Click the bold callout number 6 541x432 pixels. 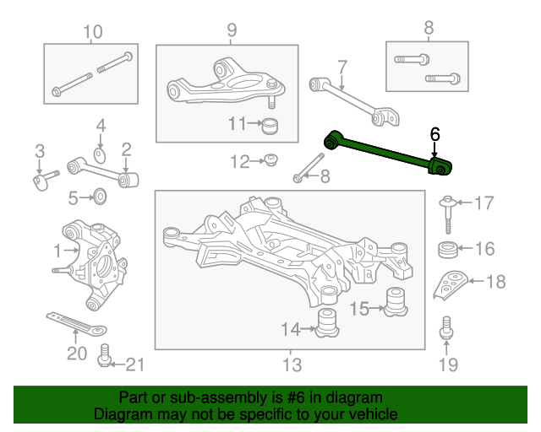coord(434,134)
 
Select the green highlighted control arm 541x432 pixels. coord(386,153)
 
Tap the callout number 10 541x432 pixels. coord(93,32)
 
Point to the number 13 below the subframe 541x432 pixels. coord(292,364)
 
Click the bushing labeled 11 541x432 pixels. coord(270,126)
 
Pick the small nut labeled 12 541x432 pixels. coord(270,160)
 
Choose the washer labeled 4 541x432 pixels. coord(100,156)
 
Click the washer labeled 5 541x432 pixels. coord(100,197)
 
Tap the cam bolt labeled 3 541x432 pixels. coord(46,180)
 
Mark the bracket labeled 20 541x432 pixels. coord(77,324)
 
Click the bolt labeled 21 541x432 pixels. coord(104,355)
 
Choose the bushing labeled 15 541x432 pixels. coord(396,302)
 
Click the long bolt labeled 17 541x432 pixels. coord(448,214)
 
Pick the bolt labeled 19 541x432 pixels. coord(446,328)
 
